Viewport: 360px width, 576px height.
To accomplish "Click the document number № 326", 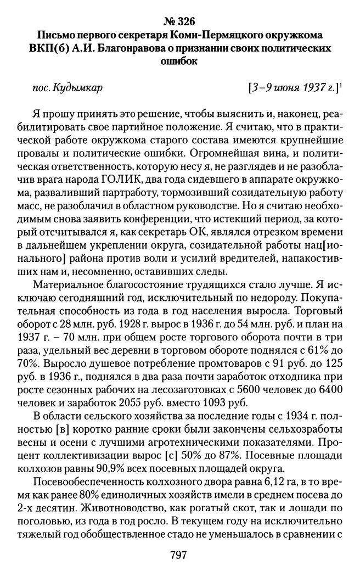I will (x=179, y=22).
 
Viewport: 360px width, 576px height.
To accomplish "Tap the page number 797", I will (x=179, y=556).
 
